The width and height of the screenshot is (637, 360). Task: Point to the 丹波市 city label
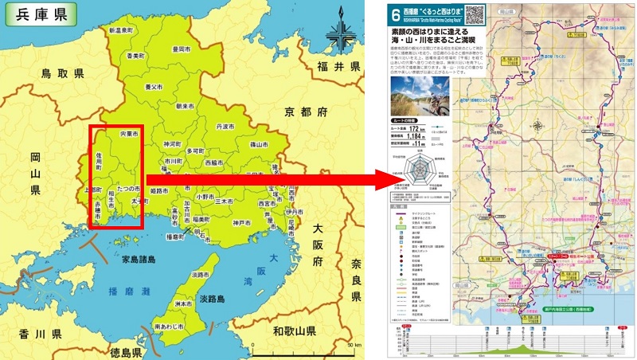coord(225,127)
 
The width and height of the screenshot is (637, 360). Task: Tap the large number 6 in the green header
coord(396,14)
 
